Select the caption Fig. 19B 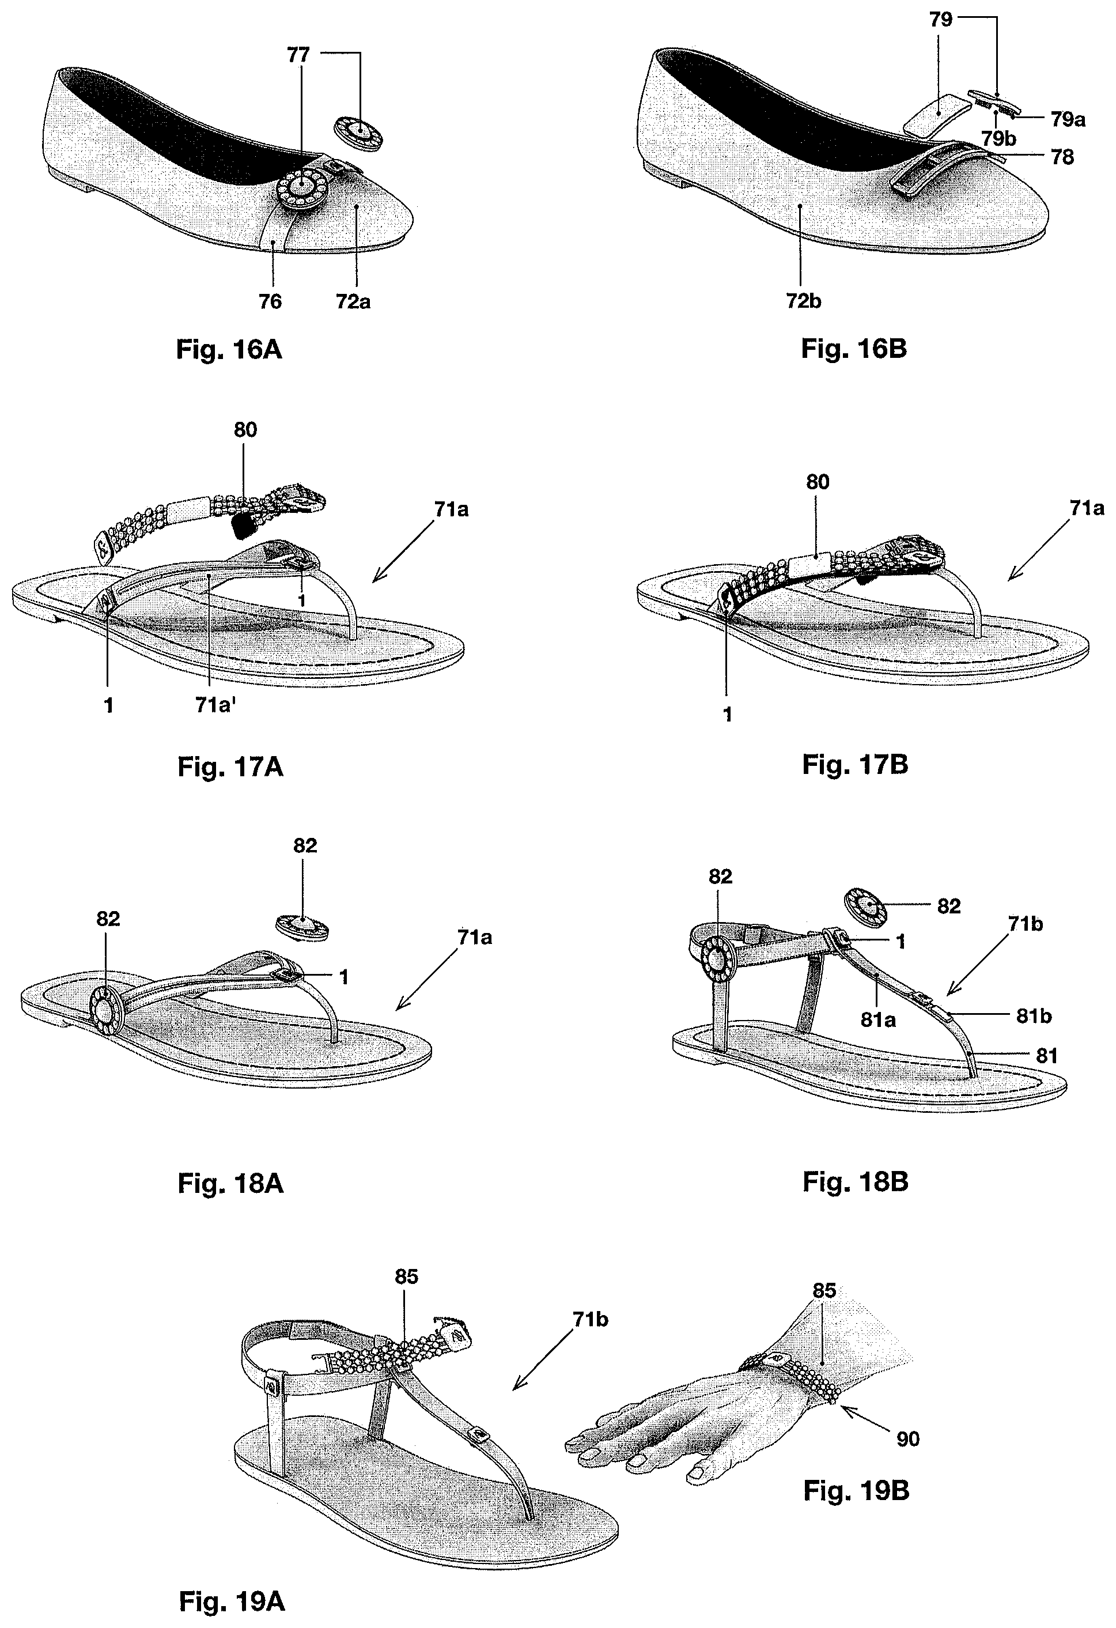coord(856,1491)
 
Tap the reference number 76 coord(270,301)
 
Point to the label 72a coord(353,301)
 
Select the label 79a coord(1068,120)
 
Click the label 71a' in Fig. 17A coord(214,705)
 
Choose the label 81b coord(1034,1016)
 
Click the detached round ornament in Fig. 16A coord(359,133)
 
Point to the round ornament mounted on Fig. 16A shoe coord(301,186)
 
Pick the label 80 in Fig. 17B coord(817,482)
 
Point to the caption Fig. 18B coord(854,1182)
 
